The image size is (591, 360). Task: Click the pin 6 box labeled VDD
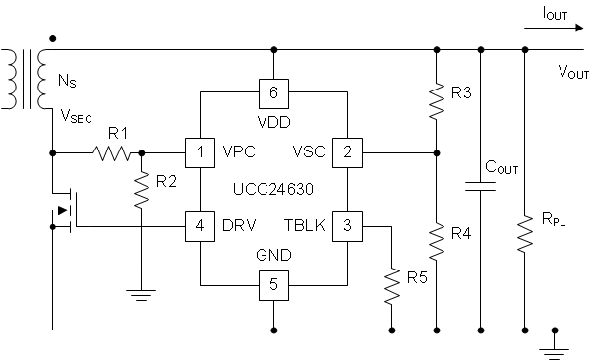pyautogui.click(x=273, y=92)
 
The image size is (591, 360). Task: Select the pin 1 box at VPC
pyautogui.click(x=201, y=152)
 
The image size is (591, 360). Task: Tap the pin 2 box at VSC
pyautogui.click(x=346, y=152)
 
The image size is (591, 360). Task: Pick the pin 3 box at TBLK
pyautogui.click(x=346, y=225)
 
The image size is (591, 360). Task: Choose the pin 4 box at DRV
pyautogui.click(x=201, y=225)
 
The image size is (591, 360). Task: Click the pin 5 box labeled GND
pyautogui.click(x=273, y=286)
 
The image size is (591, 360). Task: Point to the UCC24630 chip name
pyautogui.click(x=273, y=187)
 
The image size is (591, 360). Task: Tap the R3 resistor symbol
pyautogui.click(x=436, y=98)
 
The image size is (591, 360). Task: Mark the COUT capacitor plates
pyautogui.click(x=480, y=186)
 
